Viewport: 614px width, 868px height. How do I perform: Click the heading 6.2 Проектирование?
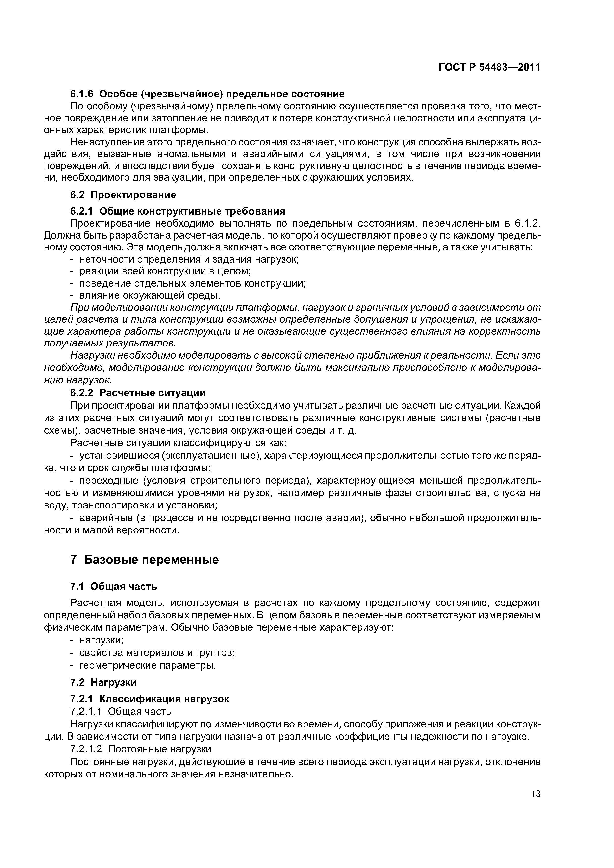(123, 195)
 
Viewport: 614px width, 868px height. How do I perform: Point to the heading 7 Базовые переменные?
(145, 559)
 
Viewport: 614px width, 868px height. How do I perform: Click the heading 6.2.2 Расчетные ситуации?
(138, 393)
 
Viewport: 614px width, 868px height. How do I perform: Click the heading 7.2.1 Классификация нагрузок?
(150, 699)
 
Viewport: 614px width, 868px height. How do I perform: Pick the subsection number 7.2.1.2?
(86, 749)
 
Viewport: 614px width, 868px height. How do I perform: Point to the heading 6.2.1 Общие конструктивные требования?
(178, 211)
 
